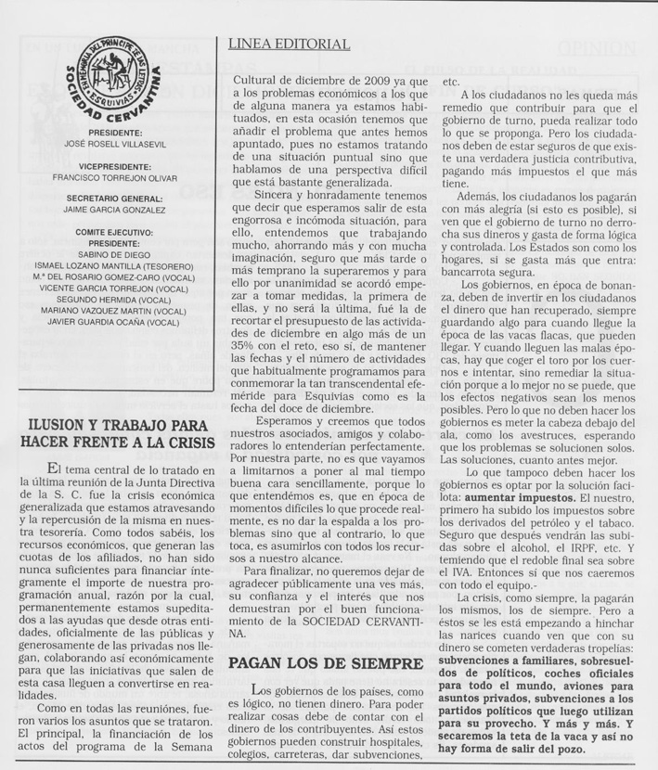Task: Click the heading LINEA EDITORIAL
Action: click(x=289, y=45)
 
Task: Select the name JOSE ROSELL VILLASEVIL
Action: click(x=114, y=146)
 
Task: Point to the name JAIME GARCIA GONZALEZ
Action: click(x=114, y=210)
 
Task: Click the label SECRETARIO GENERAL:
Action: click(x=114, y=199)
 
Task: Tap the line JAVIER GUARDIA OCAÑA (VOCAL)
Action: click(x=114, y=323)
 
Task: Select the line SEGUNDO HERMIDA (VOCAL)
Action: click(x=114, y=300)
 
